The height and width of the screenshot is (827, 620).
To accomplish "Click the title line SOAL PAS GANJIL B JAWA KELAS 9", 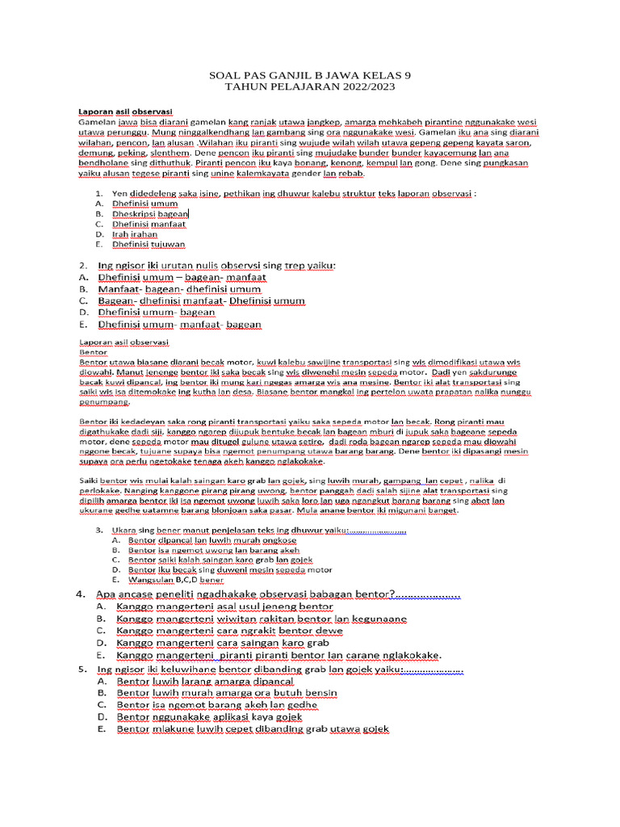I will [x=310, y=74].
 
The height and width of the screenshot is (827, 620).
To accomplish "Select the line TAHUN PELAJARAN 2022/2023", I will [x=310, y=86].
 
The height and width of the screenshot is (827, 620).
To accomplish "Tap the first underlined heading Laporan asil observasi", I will [x=125, y=111].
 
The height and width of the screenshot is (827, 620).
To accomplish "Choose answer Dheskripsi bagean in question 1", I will [x=150, y=214].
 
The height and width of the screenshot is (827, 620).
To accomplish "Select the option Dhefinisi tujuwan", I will [x=149, y=243].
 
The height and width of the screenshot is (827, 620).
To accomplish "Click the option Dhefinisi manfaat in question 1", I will [x=149, y=224].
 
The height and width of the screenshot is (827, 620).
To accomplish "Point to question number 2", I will [x=82, y=265].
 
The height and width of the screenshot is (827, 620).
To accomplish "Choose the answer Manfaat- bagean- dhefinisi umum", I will [x=179, y=288].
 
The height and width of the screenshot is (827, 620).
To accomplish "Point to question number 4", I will [x=82, y=594].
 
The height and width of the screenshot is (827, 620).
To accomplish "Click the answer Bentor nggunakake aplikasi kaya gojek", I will [x=209, y=716].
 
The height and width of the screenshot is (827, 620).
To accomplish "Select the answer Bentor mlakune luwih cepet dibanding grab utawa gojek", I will [x=253, y=728].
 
